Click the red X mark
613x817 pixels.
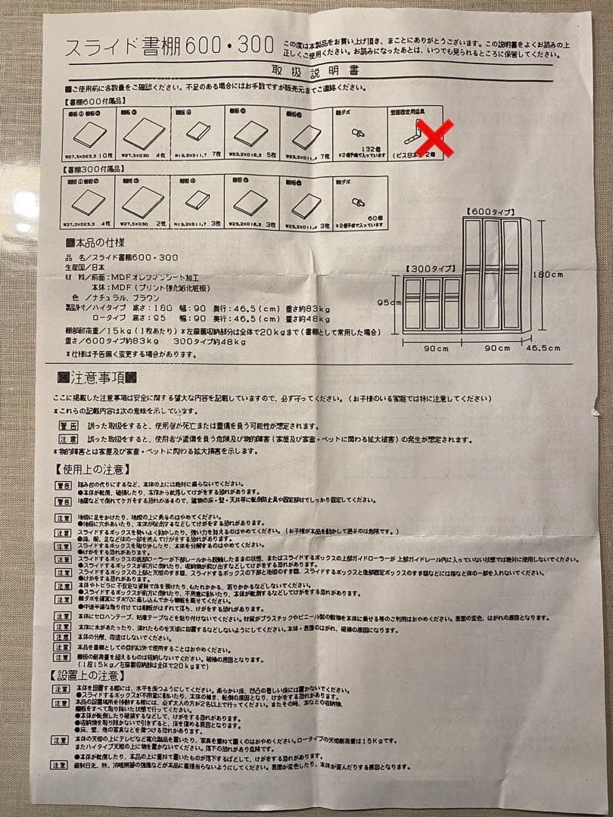point(437,137)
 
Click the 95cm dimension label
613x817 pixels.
point(388,301)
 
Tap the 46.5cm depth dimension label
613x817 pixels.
point(543,349)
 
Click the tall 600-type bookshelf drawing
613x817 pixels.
point(496,274)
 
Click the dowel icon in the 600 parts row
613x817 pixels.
point(358,131)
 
